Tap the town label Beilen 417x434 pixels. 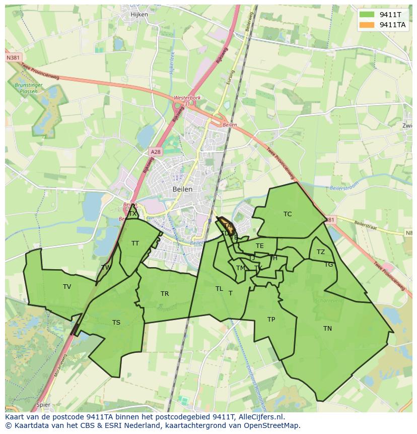point(182,189)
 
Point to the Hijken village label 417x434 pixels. point(139,15)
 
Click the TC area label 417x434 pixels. point(288,214)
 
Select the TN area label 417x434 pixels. point(327,329)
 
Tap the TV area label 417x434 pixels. point(67,287)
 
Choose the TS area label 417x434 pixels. point(116,323)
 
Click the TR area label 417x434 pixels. point(165,294)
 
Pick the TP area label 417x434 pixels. point(271,320)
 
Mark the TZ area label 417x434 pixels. point(321,252)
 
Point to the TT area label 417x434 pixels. point(135,243)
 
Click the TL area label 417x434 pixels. point(219,289)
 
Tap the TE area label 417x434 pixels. point(260,246)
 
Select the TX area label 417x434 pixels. point(132,214)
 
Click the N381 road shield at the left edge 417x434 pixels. point(14,58)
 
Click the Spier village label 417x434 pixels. point(43,405)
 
